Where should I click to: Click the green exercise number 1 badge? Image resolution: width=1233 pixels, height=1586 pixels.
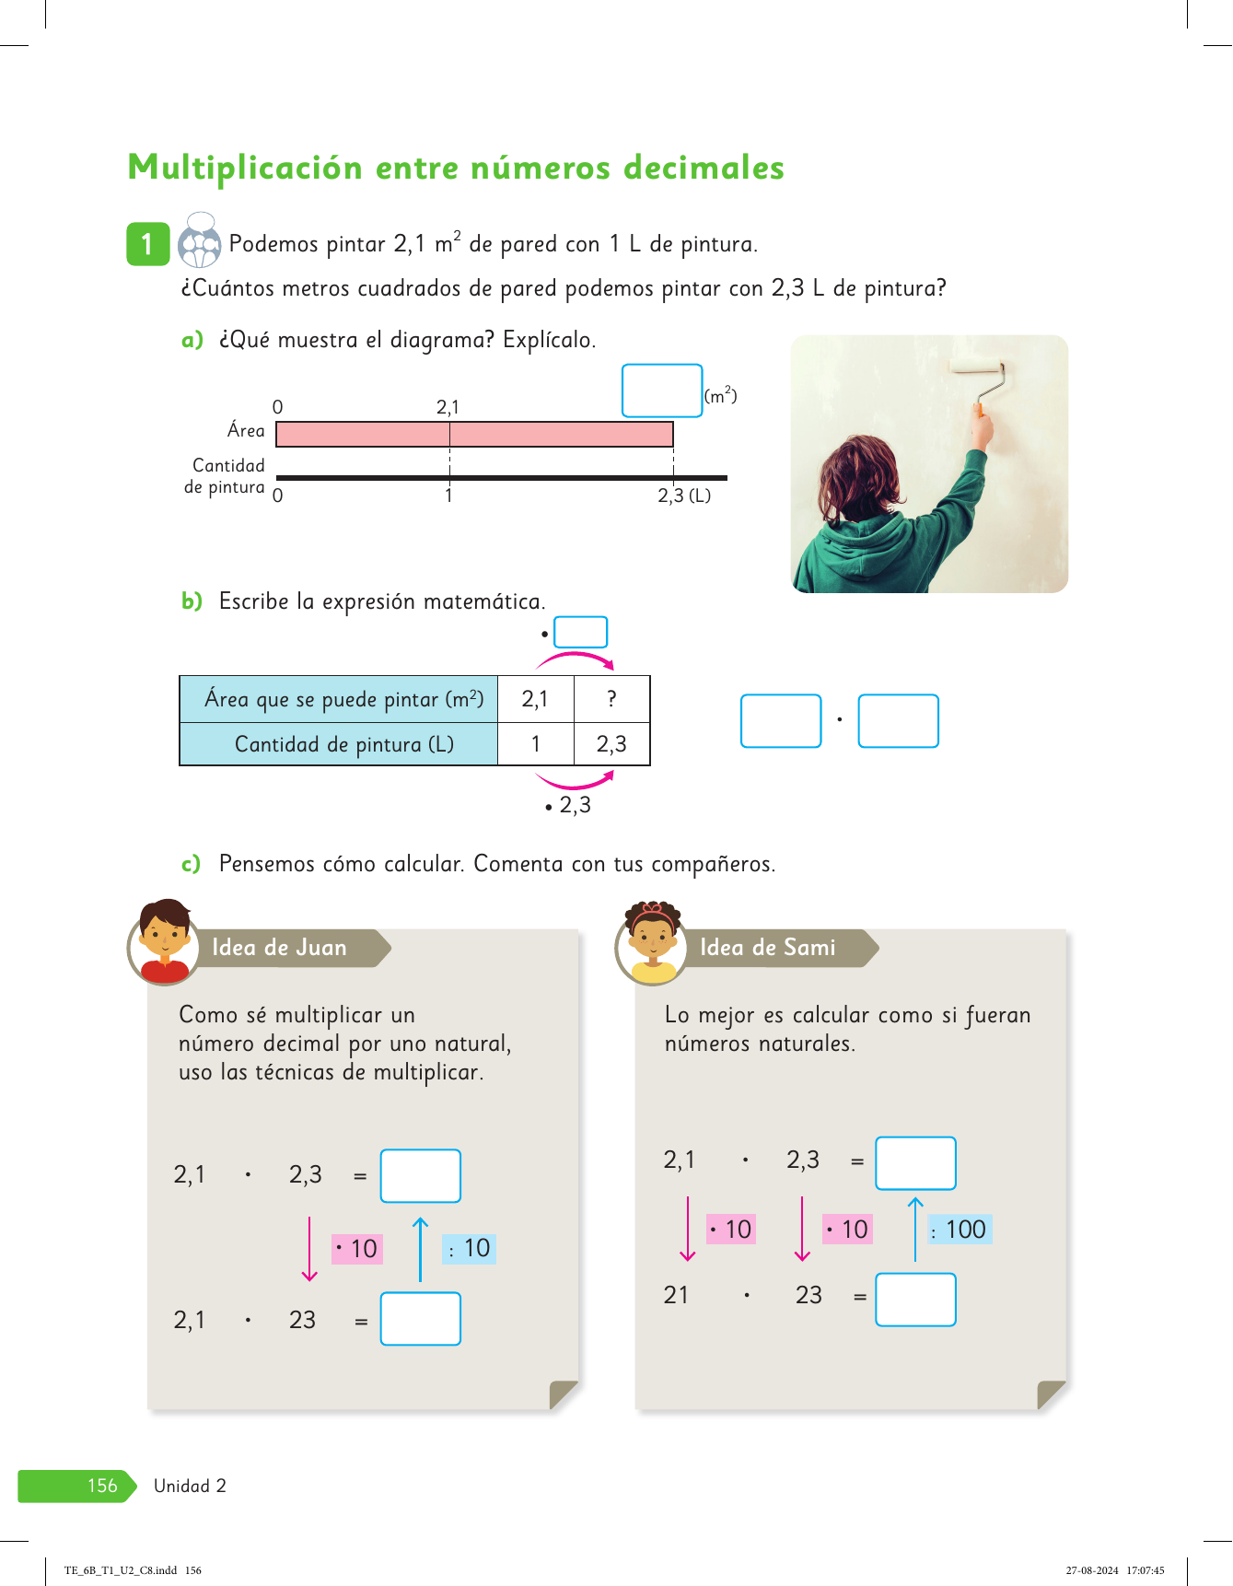(147, 244)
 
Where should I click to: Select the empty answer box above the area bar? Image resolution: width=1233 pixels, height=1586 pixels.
(662, 391)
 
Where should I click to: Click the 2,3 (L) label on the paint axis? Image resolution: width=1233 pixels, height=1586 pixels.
(683, 496)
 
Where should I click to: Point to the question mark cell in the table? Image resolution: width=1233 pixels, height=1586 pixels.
(611, 699)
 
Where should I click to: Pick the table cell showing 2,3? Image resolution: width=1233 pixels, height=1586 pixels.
(611, 744)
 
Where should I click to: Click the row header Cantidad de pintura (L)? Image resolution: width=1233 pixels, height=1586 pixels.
(343, 744)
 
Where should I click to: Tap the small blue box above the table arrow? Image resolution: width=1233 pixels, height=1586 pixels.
(580, 633)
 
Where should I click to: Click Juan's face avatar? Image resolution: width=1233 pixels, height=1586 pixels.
(165, 941)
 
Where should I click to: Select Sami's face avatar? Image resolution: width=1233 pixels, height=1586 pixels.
(652, 942)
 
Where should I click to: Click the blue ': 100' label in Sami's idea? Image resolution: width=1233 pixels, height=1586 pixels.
(960, 1230)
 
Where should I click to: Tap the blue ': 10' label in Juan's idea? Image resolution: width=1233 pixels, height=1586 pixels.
(470, 1249)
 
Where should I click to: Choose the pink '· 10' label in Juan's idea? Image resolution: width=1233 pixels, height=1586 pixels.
(357, 1249)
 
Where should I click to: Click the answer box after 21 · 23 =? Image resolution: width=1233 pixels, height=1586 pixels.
(915, 1300)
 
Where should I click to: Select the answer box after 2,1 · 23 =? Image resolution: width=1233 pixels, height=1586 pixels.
(421, 1319)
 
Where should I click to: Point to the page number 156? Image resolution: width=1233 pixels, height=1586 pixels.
(102, 1486)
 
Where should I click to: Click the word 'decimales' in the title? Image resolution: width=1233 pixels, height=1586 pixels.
(704, 169)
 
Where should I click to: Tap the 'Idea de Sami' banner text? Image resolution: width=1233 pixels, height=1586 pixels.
(767, 948)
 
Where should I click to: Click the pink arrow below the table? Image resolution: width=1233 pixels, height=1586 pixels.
(575, 781)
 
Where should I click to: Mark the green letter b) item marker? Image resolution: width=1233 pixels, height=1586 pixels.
(192, 601)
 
